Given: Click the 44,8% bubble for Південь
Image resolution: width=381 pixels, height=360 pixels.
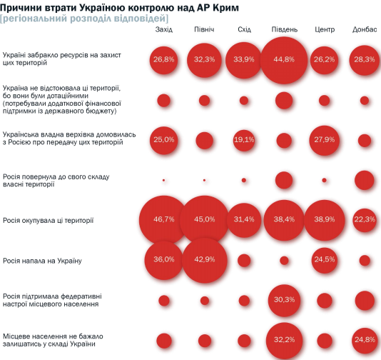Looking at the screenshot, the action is point(284,60).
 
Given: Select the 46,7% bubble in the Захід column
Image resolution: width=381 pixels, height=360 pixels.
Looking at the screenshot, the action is point(163,220).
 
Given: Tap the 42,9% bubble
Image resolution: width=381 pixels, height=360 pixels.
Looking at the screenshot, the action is point(204,260).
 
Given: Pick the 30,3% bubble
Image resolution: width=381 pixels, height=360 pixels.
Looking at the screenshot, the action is point(284,301).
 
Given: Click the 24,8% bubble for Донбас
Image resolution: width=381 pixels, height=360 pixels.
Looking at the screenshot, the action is point(365,340).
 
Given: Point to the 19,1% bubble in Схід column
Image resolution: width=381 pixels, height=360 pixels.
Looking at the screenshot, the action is point(244,140).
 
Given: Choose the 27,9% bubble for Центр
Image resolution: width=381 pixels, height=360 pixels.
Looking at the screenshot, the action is point(324,140).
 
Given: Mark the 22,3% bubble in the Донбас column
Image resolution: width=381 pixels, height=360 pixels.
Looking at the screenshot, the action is point(365,220).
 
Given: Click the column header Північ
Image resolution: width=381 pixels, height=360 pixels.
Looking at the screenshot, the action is point(204,29).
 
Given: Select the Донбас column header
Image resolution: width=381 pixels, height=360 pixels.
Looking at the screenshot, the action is point(365,29).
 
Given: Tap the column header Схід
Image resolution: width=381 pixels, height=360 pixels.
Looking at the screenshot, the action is point(244,29).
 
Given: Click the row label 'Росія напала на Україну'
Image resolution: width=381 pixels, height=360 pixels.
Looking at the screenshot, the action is point(42,261).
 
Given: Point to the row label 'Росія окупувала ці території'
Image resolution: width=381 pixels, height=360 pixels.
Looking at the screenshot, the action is point(48,221).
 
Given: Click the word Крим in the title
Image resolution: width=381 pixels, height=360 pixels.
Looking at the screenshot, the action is point(225,8).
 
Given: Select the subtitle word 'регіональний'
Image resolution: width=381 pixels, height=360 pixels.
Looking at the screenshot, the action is point(34,19).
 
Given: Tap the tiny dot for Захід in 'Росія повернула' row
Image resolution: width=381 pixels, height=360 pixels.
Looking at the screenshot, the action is point(163,180).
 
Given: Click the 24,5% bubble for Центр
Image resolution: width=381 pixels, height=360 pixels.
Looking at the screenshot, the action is point(324,260).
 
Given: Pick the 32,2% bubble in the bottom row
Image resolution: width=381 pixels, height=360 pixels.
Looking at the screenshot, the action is point(284,341).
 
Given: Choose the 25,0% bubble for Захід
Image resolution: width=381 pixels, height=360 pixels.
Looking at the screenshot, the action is point(163,140).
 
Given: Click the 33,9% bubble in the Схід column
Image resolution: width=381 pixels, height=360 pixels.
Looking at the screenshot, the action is point(244,60).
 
